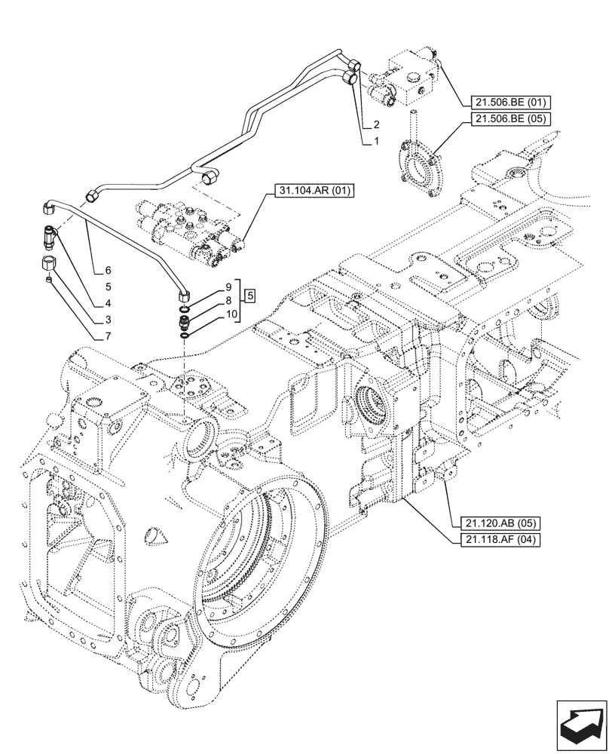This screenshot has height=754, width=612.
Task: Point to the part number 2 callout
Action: (375, 124)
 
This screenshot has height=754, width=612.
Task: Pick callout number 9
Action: (228, 288)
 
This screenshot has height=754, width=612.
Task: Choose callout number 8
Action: (228, 301)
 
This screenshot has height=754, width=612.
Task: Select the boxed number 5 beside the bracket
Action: (251, 293)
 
